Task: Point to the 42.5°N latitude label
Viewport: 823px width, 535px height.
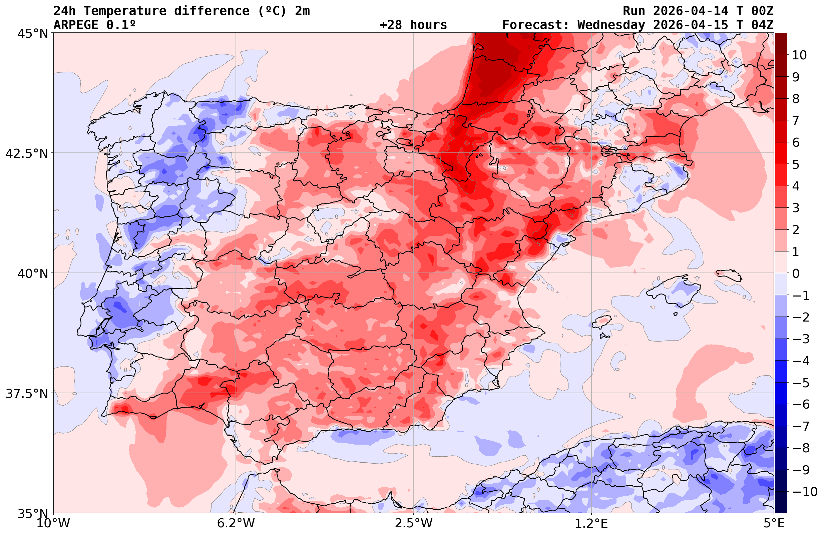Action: (27, 153)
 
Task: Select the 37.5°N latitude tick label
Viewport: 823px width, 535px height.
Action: (27, 394)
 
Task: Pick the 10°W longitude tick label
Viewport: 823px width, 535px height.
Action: (53, 523)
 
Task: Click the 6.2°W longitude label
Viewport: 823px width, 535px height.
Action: (236, 523)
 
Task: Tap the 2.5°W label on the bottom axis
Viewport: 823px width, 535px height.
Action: (414, 523)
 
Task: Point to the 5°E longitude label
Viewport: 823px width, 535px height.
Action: (774, 523)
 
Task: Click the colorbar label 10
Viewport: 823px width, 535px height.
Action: (799, 55)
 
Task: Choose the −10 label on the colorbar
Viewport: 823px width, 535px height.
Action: (804, 491)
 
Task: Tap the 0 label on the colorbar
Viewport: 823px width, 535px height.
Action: (796, 274)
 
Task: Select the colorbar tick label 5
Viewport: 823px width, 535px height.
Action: (796, 164)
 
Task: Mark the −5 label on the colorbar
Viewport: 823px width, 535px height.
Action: (801, 383)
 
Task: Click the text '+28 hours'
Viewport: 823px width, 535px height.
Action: (413, 25)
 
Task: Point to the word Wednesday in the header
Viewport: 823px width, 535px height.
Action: (611, 25)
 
